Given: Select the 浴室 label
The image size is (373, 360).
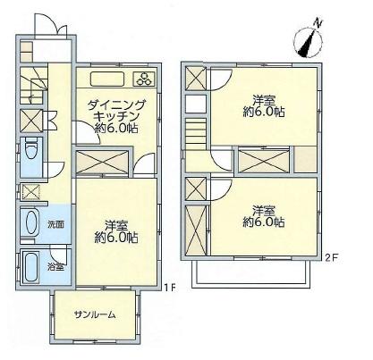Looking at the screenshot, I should click(55, 266).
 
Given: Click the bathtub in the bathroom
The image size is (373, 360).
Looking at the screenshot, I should click(29, 265).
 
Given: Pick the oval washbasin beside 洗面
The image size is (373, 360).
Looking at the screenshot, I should click(29, 222).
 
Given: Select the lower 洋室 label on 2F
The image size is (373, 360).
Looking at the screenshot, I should click(261, 217).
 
